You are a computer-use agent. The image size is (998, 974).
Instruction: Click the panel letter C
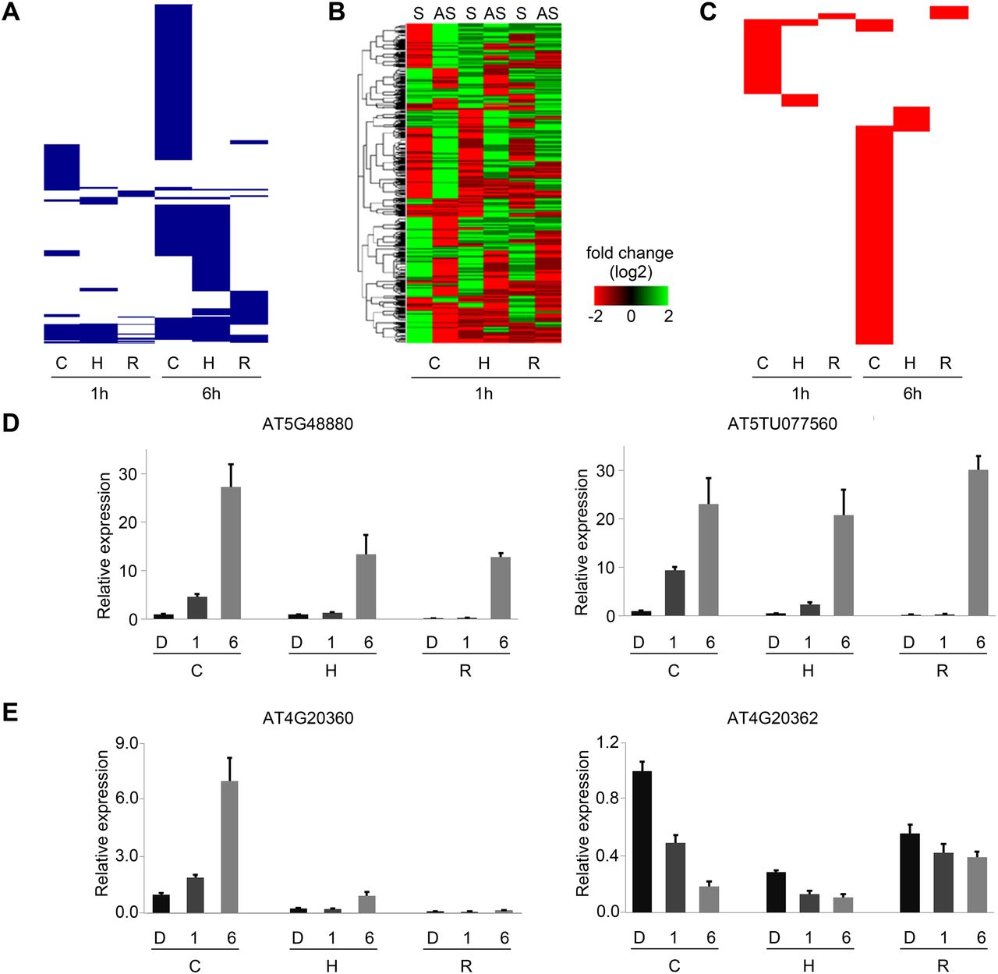(x=708, y=12)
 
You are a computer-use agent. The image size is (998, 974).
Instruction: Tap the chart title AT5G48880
(x=308, y=424)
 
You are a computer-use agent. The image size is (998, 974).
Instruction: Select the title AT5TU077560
(x=782, y=424)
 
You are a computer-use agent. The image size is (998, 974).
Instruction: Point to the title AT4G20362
(x=773, y=718)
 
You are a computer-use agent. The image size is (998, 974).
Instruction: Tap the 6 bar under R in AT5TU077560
(x=979, y=543)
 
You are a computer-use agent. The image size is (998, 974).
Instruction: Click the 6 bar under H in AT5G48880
(x=366, y=586)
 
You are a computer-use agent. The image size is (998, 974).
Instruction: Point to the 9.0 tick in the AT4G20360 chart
(x=125, y=743)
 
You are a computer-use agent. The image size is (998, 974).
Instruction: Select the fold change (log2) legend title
(x=630, y=263)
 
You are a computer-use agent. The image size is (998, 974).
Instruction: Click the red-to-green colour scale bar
(x=631, y=296)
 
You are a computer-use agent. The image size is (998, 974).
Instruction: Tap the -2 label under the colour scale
(x=596, y=316)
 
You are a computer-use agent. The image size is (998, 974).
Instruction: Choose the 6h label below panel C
(x=912, y=394)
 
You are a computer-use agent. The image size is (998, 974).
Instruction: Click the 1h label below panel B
(x=484, y=394)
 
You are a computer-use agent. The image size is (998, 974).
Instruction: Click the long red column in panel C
(x=874, y=234)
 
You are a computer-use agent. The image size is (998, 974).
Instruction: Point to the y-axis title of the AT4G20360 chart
(x=103, y=823)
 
